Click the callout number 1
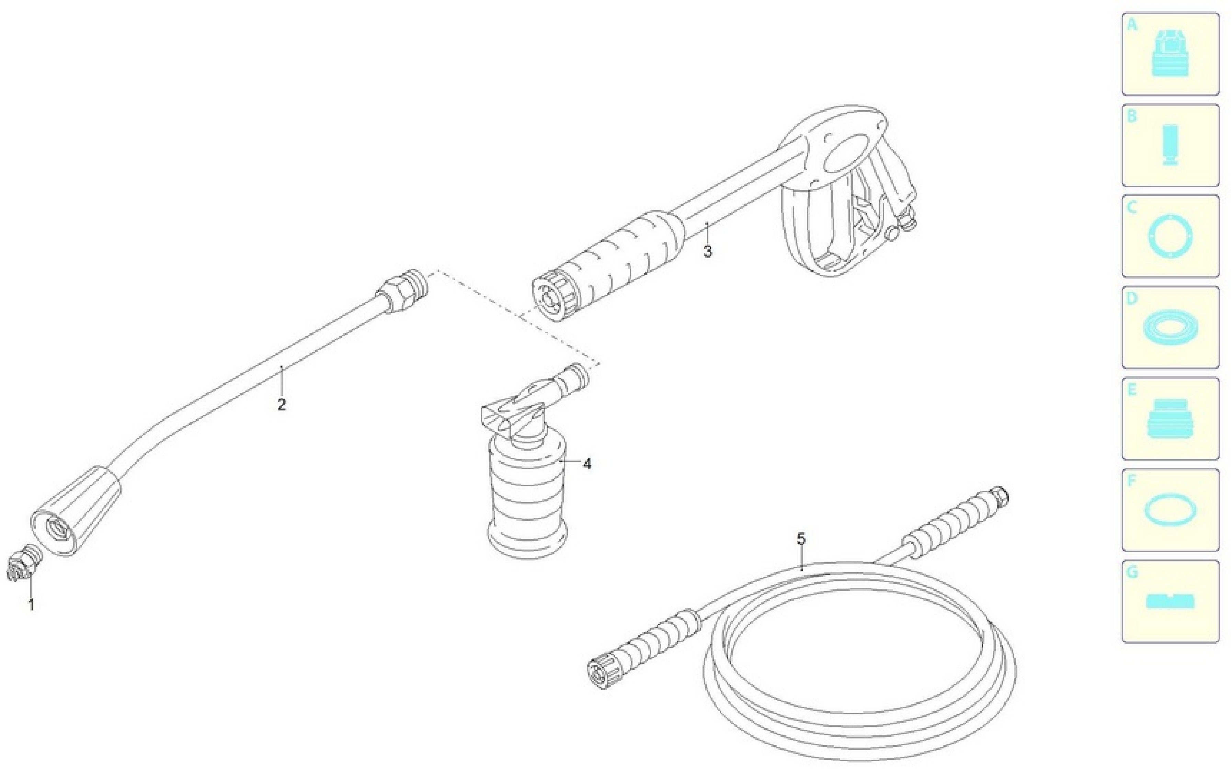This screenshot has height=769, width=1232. click(x=31, y=605)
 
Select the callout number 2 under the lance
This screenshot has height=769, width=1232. click(x=282, y=405)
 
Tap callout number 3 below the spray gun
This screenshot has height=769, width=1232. click(x=708, y=251)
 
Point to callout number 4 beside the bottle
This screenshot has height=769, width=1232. click(x=587, y=464)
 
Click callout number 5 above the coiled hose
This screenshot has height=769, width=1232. click(x=801, y=539)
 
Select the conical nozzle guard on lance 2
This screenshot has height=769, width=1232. click(x=76, y=511)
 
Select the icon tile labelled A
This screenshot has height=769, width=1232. click(x=1171, y=54)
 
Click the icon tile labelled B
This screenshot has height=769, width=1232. click(x=1171, y=145)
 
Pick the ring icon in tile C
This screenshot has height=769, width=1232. click(x=1171, y=237)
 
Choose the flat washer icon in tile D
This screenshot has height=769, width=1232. click(x=1171, y=328)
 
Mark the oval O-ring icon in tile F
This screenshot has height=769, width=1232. click(x=1171, y=510)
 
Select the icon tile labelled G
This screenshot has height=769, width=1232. click(x=1171, y=601)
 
